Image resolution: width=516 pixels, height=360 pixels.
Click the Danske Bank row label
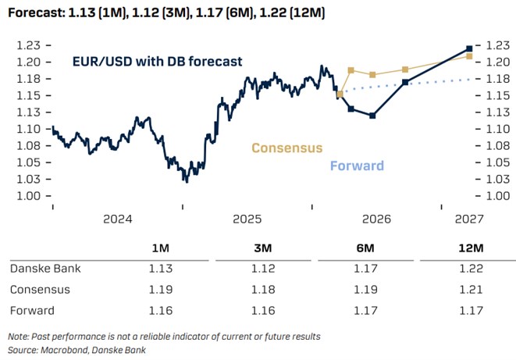(44, 269)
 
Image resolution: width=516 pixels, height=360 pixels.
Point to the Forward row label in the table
(32, 311)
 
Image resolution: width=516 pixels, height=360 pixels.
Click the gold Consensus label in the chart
(286, 148)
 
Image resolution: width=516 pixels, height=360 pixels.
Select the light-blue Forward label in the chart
(357, 166)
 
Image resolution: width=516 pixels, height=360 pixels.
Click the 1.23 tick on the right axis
(497, 46)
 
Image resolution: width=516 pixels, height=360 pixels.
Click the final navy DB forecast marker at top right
(468, 48)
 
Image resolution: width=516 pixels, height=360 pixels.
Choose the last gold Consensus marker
(468, 56)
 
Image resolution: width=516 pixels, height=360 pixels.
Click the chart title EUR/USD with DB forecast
(157, 61)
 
